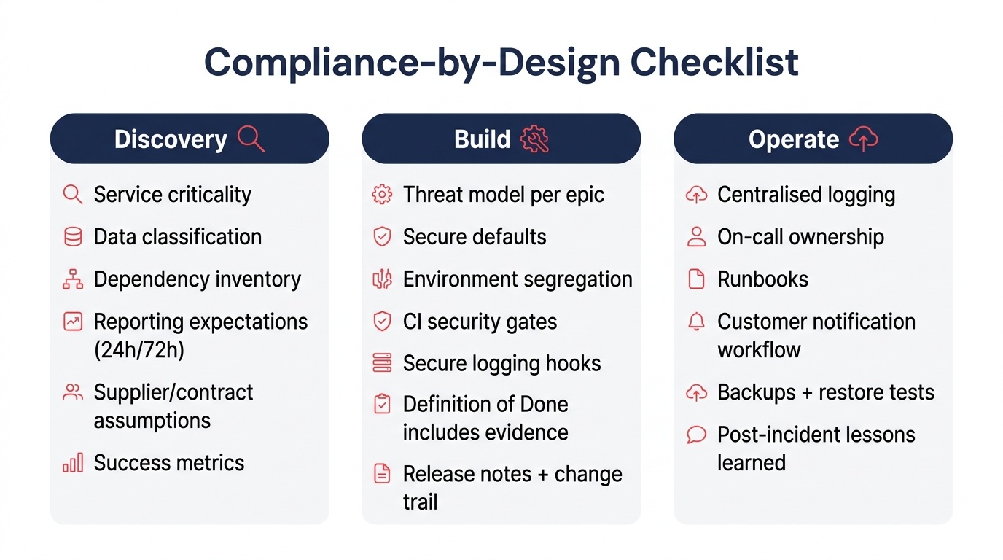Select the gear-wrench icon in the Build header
pyautogui.click(x=534, y=139)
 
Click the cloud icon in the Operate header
pyautogui.click(x=864, y=139)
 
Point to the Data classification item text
pyautogui.click(x=177, y=237)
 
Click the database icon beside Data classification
pyautogui.click(x=73, y=237)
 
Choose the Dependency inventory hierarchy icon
pyautogui.click(x=73, y=279)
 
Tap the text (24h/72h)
pyautogui.click(x=139, y=350)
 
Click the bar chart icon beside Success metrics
pyautogui.click(x=73, y=463)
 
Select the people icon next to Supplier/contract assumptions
pyautogui.click(x=73, y=392)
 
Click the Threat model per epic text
pyautogui.click(x=503, y=195)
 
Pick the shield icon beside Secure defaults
pyautogui.click(x=382, y=237)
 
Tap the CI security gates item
pyautogui.click(x=480, y=322)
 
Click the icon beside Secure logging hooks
pyautogui.click(x=382, y=363)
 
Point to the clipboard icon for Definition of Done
pyautogui.click(x=382, y=405)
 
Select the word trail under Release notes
pyautogui.click(x=420, y=502)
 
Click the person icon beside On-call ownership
pyautogui.click(x=697, y=237)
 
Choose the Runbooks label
pyautogui.click(x=762, y=279)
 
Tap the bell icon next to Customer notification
pyautogui.click(x=697, y=322)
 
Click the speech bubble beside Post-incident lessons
pyautogui.click(x=697, y=435)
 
